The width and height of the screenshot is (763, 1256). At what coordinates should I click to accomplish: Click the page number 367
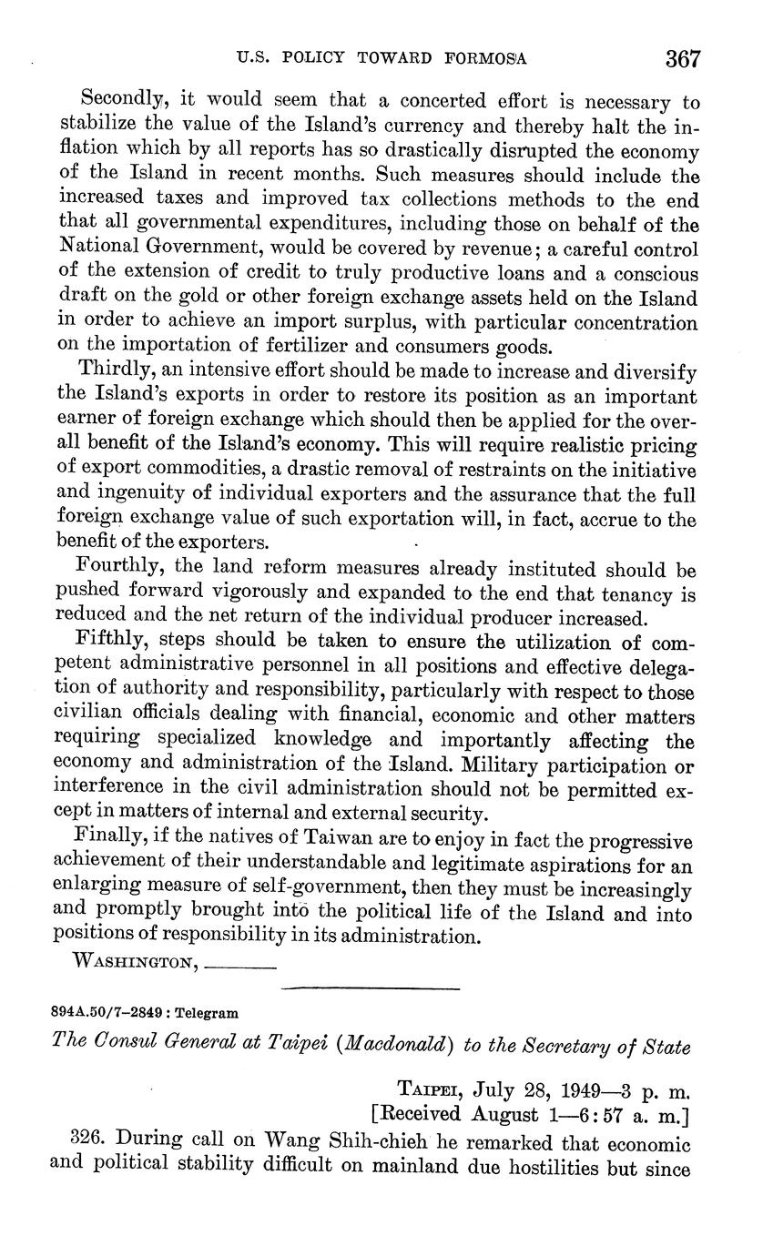coord(683,60)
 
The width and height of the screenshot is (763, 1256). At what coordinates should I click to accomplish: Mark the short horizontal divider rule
coord(371,988)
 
